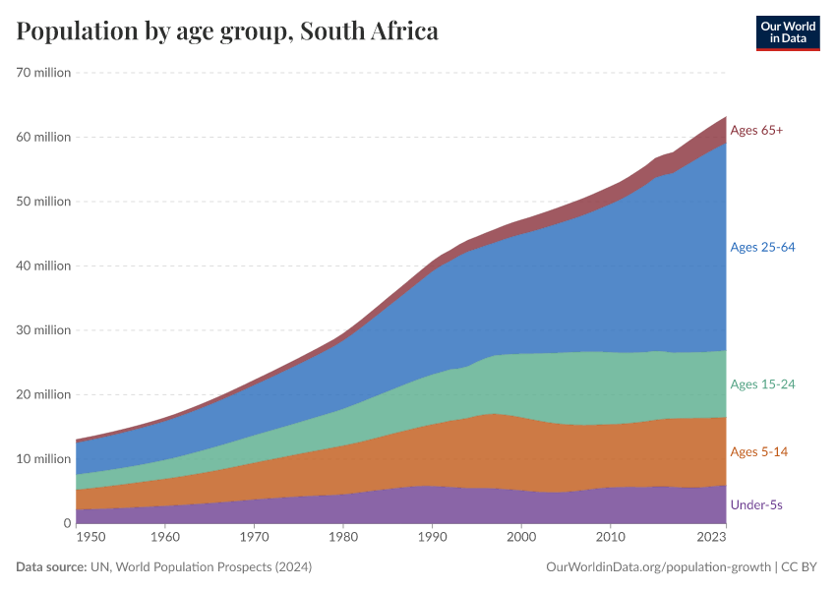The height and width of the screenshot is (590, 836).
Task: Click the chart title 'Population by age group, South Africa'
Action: click(x=227, y=31)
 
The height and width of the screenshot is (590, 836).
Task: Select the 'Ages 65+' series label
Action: click(x=756, y=130)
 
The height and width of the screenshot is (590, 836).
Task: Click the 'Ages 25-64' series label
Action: click(x=762, y=247)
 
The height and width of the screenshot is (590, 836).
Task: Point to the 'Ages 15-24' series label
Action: click(x=762, y=383)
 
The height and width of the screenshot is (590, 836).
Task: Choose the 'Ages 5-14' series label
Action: click(x=758, y=451)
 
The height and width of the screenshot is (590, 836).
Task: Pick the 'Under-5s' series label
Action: click(x=756, y=504)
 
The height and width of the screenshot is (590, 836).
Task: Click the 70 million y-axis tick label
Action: click(x=43, y=73)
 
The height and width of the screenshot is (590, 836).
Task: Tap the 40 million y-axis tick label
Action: click(x=43, y=265)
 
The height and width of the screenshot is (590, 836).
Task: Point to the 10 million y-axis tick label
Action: click(x=43, y=458)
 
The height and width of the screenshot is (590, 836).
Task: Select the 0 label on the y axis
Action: click(x=67, y=523)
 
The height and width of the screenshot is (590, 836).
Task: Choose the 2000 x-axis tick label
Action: click(x=520, y=538)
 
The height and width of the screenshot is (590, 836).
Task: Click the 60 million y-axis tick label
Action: click(x=43, y=137)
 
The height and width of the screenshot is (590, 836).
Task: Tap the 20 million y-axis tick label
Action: click(x=43, y=394)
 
